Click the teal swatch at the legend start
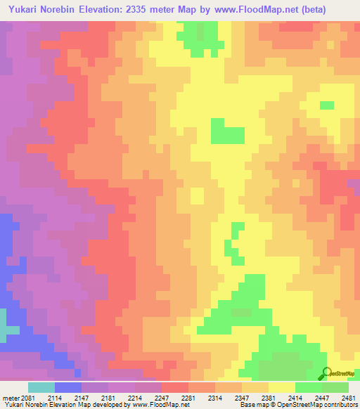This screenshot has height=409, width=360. coord(41,387)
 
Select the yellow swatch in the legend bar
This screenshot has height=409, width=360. coord(281,387)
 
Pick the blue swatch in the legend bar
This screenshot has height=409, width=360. coord(68,387)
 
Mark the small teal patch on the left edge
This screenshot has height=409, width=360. coord(8,329)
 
